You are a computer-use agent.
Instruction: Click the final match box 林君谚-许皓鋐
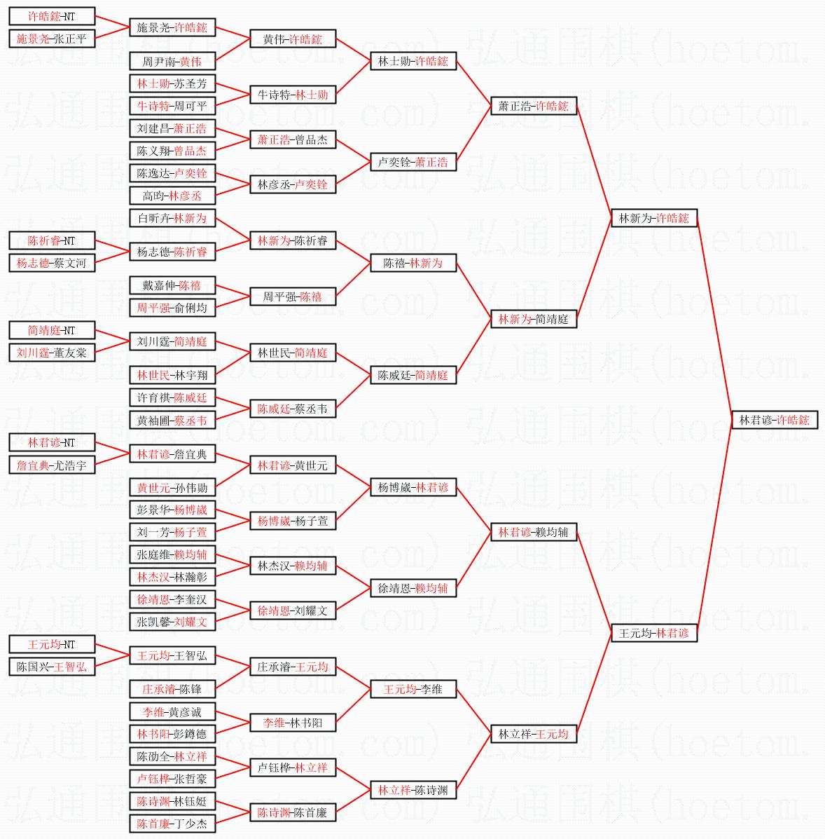tap(774, 420)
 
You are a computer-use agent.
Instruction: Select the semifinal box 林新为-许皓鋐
tap(653, 218)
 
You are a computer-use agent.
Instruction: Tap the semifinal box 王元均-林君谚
tap(653, 633)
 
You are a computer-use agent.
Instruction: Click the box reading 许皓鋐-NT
tap(52, 16)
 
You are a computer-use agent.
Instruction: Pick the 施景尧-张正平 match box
tap(52, 39)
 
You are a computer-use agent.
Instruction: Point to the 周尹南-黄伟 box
tap(172, 62)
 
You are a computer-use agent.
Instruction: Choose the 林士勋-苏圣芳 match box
tap(172, 83)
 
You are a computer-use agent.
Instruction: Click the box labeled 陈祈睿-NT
tap(52, 240)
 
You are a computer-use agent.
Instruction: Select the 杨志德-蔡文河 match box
tap(52, 263)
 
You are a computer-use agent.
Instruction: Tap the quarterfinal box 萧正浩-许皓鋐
tap(533, 106)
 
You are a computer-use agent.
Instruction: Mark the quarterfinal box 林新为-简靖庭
tap(533, 319)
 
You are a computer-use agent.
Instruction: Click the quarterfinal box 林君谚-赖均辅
tap(533, 532)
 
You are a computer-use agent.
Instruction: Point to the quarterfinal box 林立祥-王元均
tap(533, 734)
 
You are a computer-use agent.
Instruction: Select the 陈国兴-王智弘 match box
tap(52, 667)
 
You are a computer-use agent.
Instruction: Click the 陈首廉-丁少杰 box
tap(172, 824)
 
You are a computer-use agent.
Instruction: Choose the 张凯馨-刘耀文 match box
tap(172, 622)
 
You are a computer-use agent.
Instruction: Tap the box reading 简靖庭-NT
tap(52, 330)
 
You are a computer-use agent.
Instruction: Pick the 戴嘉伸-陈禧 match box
tap(172, 285)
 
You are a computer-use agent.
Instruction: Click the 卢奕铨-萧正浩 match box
tap(413, 162)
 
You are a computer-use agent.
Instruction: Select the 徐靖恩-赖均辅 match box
tap(413, 588)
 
